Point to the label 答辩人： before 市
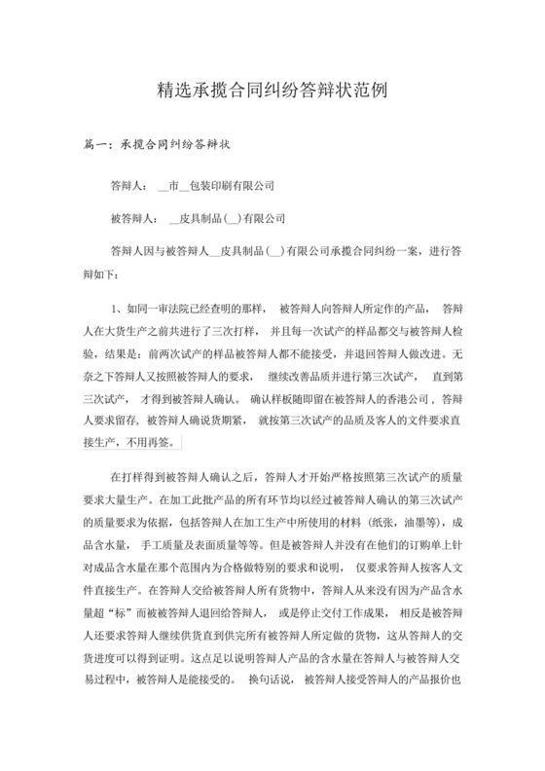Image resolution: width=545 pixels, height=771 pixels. pyautogui.click(x=128, y=185)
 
